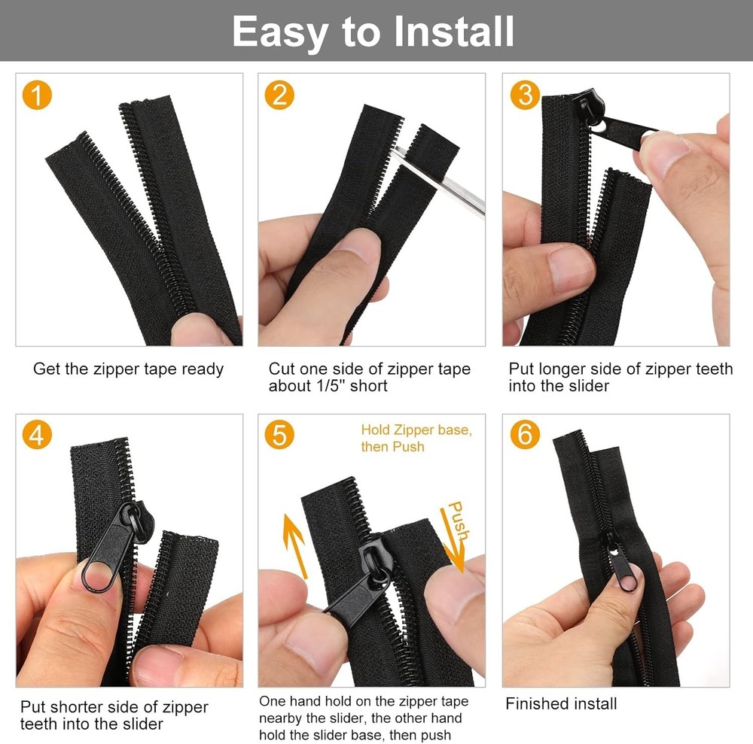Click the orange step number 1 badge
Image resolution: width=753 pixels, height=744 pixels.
38,95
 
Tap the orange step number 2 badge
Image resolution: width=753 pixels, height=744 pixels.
279,95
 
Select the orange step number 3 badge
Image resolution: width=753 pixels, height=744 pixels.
525,95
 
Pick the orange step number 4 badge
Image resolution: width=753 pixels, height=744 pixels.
38,435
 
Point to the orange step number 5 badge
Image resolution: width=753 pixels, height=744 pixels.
279,435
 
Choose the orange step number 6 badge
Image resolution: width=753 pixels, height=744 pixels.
525,435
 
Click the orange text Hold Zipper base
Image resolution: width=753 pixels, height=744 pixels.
416,430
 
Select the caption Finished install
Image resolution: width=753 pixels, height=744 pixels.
561,704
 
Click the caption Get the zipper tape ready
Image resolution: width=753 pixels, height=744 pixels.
128,369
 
